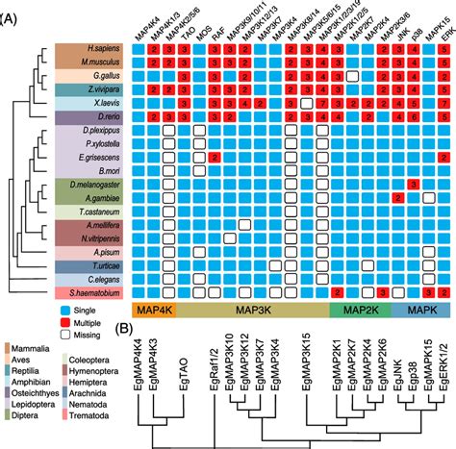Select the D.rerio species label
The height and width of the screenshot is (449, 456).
94,114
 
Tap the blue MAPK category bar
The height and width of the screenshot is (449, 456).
421,312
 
